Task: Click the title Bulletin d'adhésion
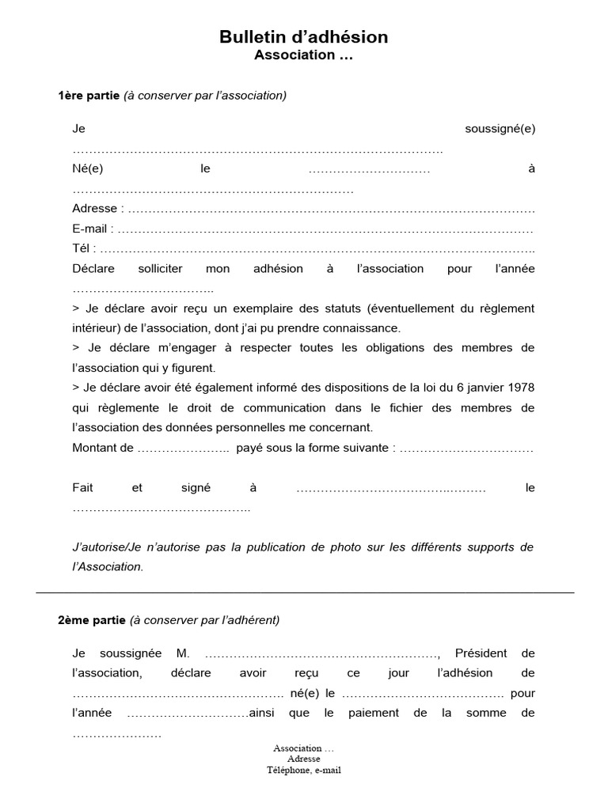tap(304, 37)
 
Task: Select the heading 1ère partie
tap(89, 96)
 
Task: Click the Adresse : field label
tap(98, 209)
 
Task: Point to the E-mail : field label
tap(93, 229)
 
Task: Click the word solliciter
tap(161, 268)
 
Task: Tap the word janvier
tap(483, 388)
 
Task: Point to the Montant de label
tap(103, 448)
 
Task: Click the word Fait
tap(83, 488)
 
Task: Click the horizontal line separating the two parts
tap(304, 592)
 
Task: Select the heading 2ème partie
tap(91, 620)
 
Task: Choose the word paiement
tap(375, 713)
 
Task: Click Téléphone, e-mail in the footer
tap(304, 770)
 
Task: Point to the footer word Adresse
tap(304, 759)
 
